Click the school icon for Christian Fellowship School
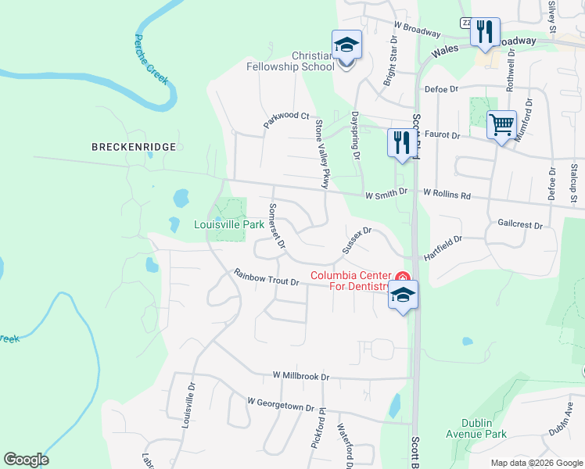[x=346, y=45]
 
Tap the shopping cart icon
[x=501, y=124]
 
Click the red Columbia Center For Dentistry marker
[x=403, y=276]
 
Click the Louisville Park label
[x=229, y=224]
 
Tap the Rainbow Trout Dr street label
[x=267, y=277]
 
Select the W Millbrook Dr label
[x=301, y=376]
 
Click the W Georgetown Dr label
[x=280, y=403]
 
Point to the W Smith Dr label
[x=386, y=192]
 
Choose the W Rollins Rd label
[x=447, y=193]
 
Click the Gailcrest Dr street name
[x=520, y=224]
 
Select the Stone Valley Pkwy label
[x=321, y=153]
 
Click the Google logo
[x=26, y=460]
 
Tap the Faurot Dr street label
[x=443, y=135]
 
